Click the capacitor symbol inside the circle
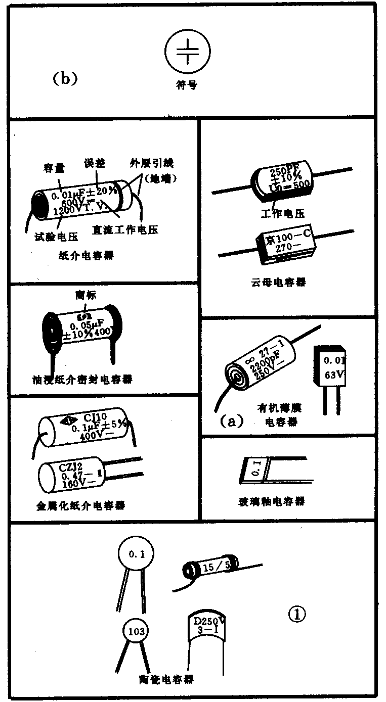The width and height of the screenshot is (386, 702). click(x=187, y=52)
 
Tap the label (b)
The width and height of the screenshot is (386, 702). click(x=64, y=79)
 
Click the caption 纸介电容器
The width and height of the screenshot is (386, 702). click(x=86, y=255)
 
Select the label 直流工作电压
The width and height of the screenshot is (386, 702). click(x=125, y=230)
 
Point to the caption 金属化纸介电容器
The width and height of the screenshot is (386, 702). click(x=80, y=505)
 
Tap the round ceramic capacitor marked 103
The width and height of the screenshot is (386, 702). click(x=136, y=631)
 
